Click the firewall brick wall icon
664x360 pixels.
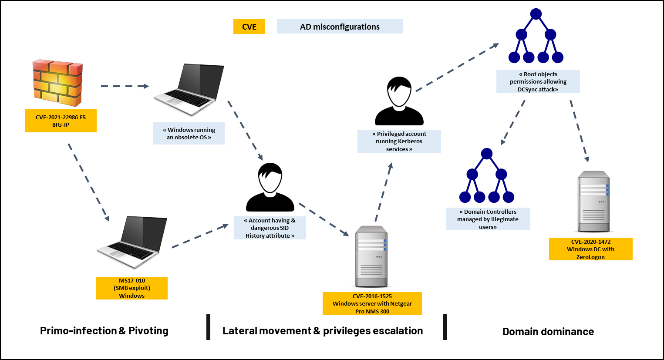(x=57, y=83)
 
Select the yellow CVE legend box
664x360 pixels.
(x=249, y=27)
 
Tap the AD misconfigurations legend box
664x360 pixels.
(x=340, y=27)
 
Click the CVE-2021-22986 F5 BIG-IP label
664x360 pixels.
(x=61, y=121)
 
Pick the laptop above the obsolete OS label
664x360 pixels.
(x=189, y=90)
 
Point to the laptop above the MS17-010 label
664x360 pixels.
(x=132, y=242)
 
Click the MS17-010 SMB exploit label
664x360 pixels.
(x=131, y=288)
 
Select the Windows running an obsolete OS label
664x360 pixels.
(x=189, y=133)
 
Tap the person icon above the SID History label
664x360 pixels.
(x=270, y=187)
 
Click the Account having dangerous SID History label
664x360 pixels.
(x=270, y=228)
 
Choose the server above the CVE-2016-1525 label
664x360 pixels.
(x=371, y=256)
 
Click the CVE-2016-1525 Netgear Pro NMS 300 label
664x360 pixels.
(x=372, y=304)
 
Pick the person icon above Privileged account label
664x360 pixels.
(x=399, y=101)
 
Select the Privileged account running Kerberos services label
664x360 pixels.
(x=399, y=141)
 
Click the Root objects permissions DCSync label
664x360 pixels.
(x=538, y=81)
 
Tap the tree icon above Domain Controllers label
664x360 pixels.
(x=487, y=175)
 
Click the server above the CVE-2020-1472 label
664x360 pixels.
(x=594, y=202)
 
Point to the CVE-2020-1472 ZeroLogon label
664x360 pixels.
(x=591, y=249)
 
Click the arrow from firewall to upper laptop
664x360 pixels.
(x=125, y=86)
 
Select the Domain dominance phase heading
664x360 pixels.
(x=548, y=331)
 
